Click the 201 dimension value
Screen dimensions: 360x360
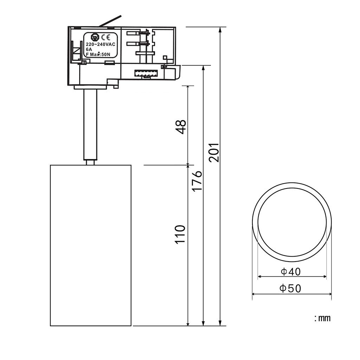214,153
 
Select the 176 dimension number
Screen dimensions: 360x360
197,181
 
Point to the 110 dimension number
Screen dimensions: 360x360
180,234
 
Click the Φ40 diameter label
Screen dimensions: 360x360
291,272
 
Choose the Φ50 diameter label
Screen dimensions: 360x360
290,289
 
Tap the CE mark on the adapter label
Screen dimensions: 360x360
106,37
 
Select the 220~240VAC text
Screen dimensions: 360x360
101,44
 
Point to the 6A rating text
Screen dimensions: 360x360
89,49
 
